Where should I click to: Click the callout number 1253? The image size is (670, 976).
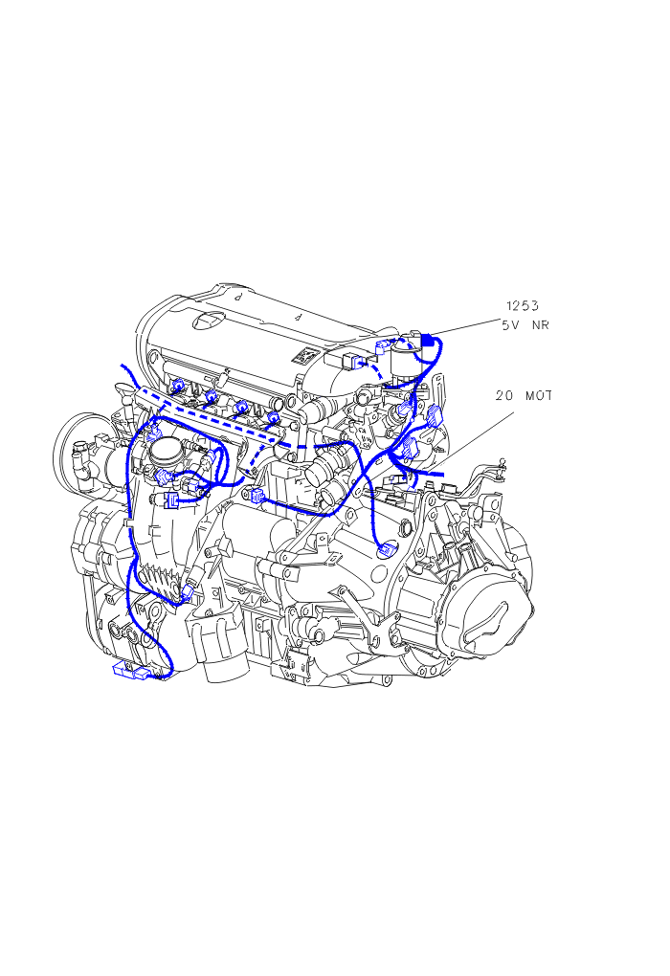click(x=522, y=305)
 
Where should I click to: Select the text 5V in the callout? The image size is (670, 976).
click(x=510, y=325)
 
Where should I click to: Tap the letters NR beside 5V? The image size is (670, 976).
click(x=540, y=325)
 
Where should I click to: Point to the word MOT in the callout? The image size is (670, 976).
click(x=539, y=395)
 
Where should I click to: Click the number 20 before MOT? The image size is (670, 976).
click(x=504, y=395)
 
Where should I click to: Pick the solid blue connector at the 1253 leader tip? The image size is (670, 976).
click(x=429, y=340)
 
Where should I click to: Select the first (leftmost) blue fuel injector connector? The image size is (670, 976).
click(x=177, y=386)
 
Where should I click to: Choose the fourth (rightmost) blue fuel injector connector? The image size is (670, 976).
click(x=273, y=417)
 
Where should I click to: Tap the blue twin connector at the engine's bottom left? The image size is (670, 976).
click(x=131, y=671)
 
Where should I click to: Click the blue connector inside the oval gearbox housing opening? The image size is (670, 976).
click(x=388, y=549)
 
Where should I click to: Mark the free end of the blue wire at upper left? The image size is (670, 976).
click(x=122, y=366)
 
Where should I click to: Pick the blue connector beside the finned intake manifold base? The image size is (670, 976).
click(x=186, y=591)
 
